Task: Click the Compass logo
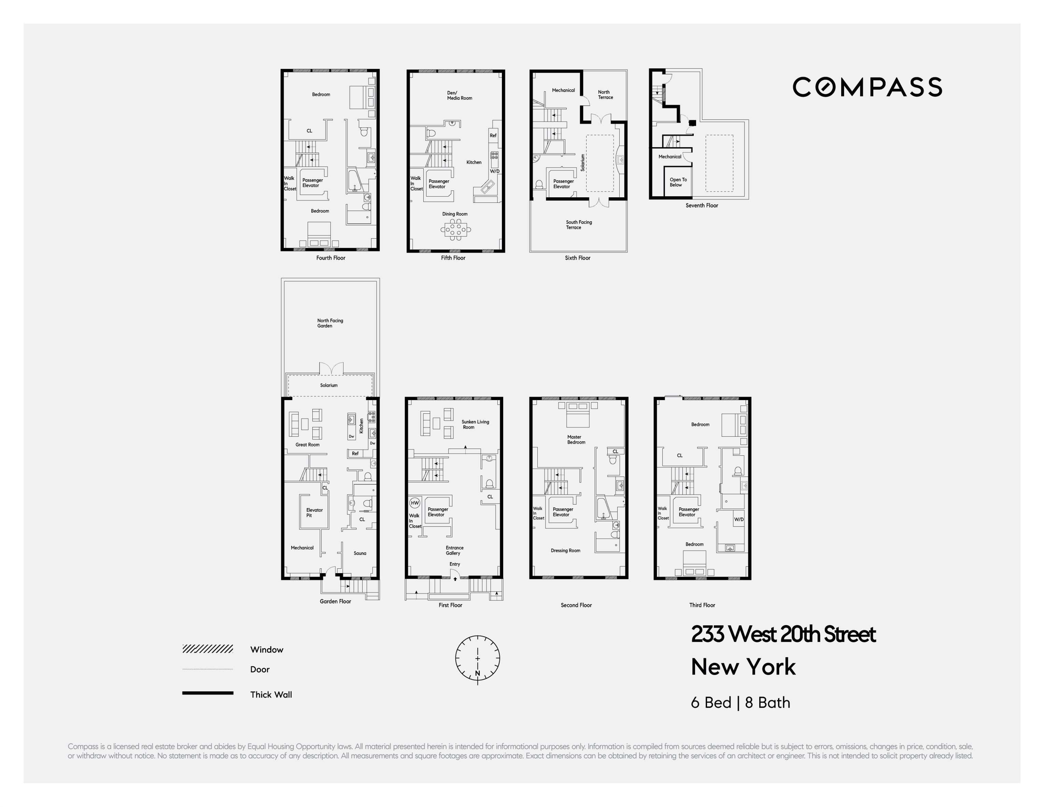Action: pyautogui.click(x=867, y=87)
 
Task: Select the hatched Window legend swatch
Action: pyautogui.click(x=208, y=649)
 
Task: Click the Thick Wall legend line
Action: pyautogui.click(x=208, y=693)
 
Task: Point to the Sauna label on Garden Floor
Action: pyautogui.click(x=360, y=553)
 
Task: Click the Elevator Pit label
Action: pyautogui.click(x=314, y=512)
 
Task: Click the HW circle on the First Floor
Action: pyautogui.click(x=415, y=503)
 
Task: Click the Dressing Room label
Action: pyautogui.click(x=565, y=550)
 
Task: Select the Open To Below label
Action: pyautogui.click(x=678, y=182)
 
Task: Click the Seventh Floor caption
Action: pyautogui.click(x=702, y=206)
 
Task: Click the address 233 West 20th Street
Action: pyautogui.click(x=783, y=634)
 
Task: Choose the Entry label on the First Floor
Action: pyautogui.click(x=455, y=564)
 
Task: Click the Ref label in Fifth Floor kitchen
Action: pyautogui.click(x=493, y=135)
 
